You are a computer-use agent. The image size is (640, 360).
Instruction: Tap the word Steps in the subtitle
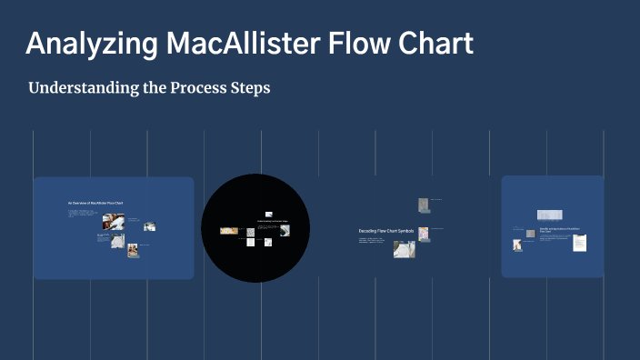(251, 89)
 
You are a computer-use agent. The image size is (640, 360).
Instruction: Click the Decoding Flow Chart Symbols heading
(385, 231)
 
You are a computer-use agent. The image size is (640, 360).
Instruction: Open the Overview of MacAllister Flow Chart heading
(95, 202)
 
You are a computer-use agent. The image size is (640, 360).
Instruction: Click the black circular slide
(256, 227)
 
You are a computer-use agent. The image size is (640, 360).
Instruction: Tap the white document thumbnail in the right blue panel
(579, 243)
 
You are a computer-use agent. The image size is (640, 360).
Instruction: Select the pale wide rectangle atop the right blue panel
(549, 215)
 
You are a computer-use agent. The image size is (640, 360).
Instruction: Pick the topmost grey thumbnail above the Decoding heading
(423, 205)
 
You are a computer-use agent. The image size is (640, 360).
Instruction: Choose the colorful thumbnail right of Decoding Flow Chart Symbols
(424, 234)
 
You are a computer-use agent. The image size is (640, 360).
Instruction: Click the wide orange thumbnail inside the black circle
(229, 232)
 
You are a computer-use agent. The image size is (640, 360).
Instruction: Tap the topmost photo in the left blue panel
(114, 221)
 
